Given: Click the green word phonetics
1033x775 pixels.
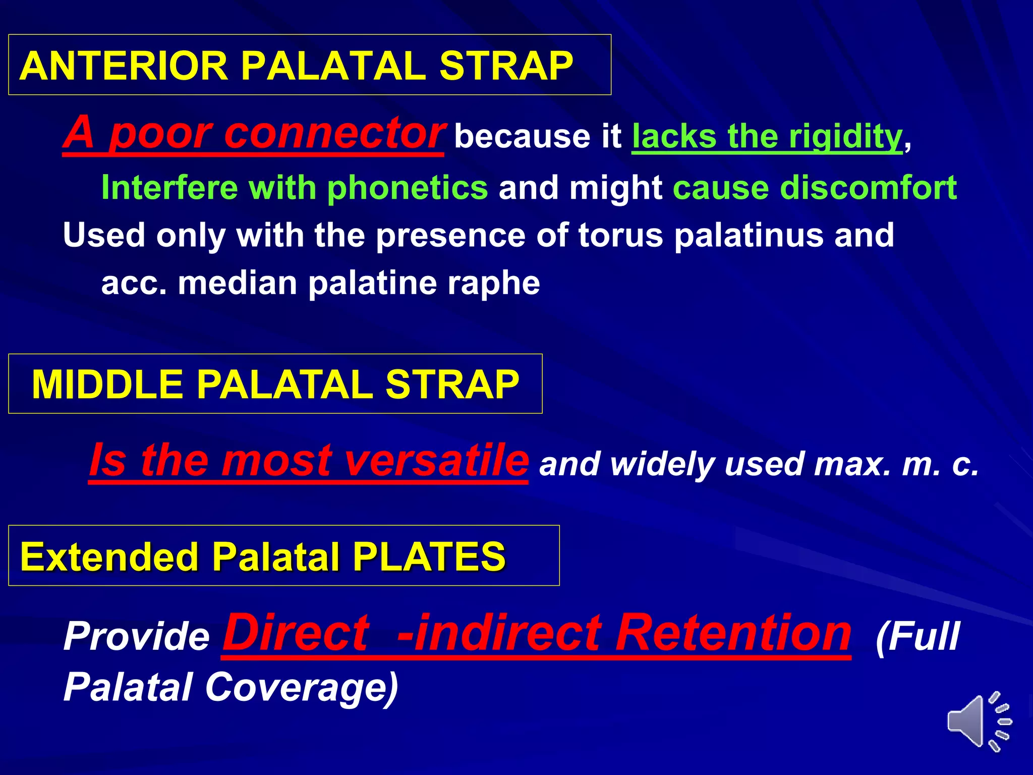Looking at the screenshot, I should click(x=408, y=188).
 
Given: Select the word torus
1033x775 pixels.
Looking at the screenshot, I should click(x=620, y=235).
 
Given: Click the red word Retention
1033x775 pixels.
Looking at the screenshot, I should click(x=734, y=633).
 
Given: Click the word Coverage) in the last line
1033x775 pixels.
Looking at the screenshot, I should click(x=302, y=687).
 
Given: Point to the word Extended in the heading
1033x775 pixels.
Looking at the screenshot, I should click(x=109, y=557).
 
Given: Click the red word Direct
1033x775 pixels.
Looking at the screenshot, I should click(x=296, y=633).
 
